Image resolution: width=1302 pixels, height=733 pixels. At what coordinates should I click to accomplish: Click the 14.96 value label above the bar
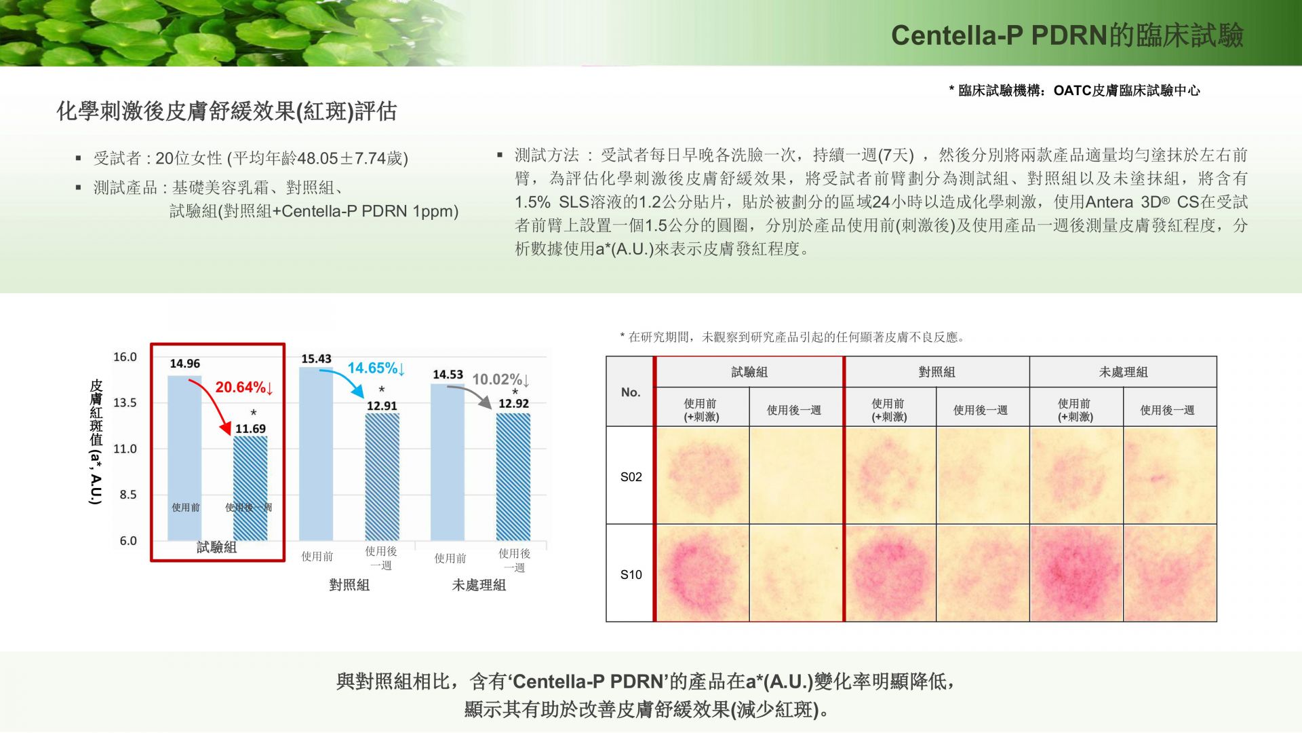tap(184, 364)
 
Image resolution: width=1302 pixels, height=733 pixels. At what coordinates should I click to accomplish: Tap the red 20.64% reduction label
tap(244, 388)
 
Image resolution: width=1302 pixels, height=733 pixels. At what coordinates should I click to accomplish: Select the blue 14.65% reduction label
tap(376, 369)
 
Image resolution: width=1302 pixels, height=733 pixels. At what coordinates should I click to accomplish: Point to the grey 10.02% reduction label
tap(501, 379)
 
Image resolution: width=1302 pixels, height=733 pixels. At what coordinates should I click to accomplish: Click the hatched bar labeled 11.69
tap(250, 489)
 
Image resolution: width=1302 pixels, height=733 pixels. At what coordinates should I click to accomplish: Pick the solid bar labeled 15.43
tap(316, 454)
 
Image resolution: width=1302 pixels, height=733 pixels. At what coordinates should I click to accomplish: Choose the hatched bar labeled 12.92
tap(513, 477)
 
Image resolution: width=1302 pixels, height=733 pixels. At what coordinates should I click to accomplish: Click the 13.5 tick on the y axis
tap(125, 402)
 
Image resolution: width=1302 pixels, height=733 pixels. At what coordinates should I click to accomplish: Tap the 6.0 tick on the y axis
tap(128, 541)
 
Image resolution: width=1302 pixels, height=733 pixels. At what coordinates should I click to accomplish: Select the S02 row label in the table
tap(631, 477)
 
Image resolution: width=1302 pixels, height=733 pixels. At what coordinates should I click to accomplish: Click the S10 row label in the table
tap(631, 575)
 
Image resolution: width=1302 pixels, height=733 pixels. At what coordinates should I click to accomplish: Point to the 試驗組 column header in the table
tap(749, 372)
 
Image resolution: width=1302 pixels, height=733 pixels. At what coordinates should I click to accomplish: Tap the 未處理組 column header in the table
tap(1123, 372)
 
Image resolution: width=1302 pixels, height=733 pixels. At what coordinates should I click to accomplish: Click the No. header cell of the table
tap(631, 392)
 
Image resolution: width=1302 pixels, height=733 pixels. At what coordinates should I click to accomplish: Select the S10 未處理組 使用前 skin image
tap(1076, 573)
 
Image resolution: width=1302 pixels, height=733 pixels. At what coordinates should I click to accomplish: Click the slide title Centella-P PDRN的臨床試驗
tap(1067, 35)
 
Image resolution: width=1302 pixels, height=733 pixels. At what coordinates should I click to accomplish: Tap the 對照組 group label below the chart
tap(349, 585)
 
